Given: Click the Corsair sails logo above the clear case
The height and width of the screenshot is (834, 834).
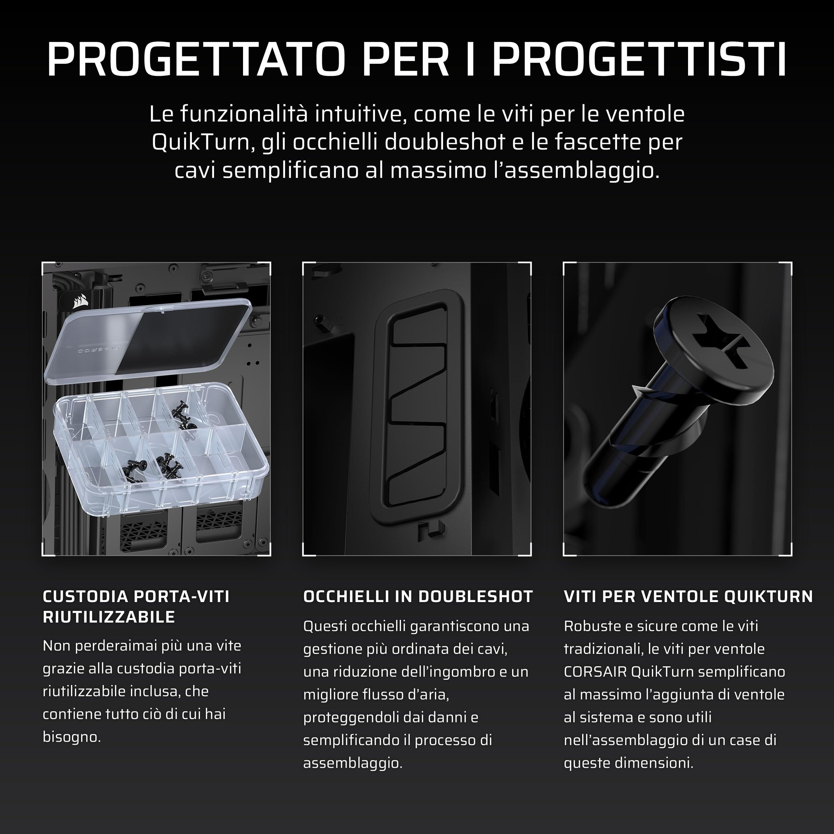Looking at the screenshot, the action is point(80,301).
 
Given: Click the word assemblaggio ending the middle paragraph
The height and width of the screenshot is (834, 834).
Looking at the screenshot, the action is point(353,764).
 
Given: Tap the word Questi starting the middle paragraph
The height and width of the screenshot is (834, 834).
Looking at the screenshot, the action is point(325,626).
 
